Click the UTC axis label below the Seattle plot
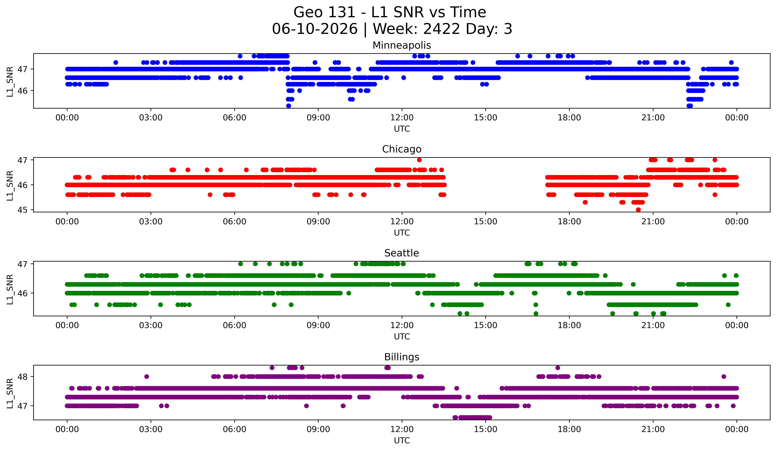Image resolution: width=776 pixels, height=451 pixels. (402, 337)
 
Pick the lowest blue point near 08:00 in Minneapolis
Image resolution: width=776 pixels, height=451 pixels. (289, 106)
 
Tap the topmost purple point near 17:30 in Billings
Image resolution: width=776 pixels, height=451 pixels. (558, 368)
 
